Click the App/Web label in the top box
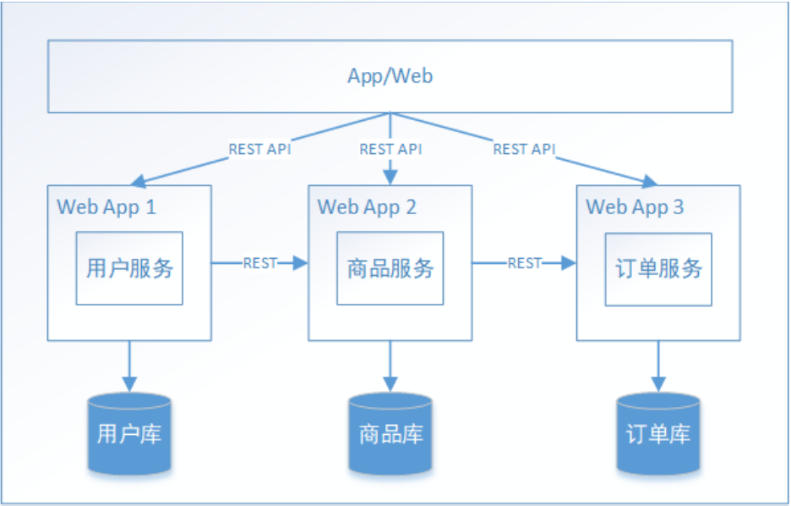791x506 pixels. pyautogui.click(x=390, y=76)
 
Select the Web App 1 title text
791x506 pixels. pyautogui.click(x=106, y=206)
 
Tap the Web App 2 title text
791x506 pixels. pyautogui.click(x=367, y=206)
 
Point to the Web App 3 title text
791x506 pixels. pyautogui.click(x=635, y=206)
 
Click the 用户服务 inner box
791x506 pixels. pyautogui.click(x=129, y=268)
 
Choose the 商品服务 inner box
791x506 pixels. pyautogui.click(x=390, y=268)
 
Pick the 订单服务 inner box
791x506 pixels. pyautogui.click(x=657, y=268)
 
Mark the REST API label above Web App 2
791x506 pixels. pyautogui.click(x=390, y=149)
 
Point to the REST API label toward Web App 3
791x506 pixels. pyautogui.click(x=524, y=149)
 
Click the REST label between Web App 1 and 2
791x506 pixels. pyautogui.click(x=259, y=263)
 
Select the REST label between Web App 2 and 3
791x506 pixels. pyautogui.click(x=524, y=263)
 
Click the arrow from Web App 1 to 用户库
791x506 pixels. pyautogui.click(x=129, y=366)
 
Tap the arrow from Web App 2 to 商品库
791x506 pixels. pyautogui.click(x=390, y=366)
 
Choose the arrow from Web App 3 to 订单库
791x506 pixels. pyautogui.click(x=657, y=366)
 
